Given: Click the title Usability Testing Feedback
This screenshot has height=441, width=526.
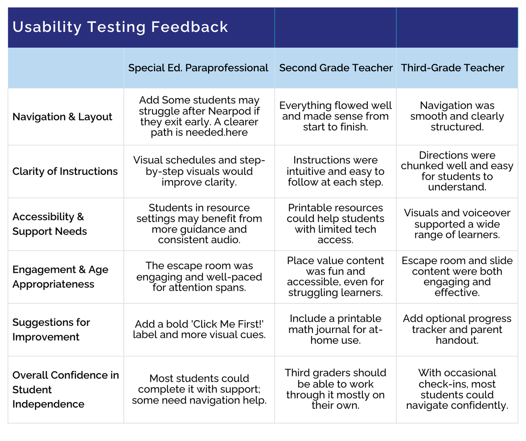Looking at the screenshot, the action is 120,27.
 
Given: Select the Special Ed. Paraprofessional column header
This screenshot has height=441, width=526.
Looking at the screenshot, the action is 198,68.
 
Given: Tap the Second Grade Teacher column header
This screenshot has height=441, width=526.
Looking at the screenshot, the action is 336,68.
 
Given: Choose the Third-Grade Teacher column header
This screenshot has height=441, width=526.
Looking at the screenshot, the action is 452,68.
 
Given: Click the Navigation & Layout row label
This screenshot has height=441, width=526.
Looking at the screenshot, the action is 62,117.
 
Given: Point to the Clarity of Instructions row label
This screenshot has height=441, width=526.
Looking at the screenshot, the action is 65,171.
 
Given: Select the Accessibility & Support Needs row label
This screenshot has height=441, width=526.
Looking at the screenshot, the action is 49,224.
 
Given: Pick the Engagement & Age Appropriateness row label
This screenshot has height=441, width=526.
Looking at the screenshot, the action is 60,277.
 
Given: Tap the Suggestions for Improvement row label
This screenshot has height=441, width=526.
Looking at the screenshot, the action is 51,330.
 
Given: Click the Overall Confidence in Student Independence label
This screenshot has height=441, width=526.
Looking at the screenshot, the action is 66,390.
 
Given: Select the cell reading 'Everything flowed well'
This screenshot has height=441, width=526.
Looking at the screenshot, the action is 336,116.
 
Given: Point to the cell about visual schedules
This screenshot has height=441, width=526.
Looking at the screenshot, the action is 199,171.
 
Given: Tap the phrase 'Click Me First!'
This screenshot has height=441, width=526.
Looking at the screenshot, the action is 227,324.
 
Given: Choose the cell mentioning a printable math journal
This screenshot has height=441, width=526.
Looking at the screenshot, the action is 336,329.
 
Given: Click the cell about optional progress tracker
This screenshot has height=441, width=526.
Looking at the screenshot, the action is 457,329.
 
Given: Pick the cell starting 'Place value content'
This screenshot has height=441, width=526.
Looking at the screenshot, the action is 336,276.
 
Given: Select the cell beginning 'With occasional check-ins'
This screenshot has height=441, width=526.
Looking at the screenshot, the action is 457,389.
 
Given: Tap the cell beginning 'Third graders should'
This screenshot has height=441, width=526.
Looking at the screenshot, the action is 336,389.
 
